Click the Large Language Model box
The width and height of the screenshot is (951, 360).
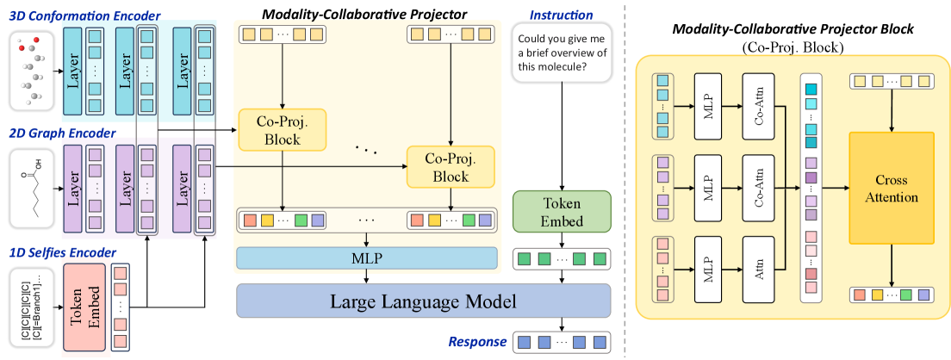(x=423, y=301)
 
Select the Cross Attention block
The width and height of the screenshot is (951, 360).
(x=891, y=188)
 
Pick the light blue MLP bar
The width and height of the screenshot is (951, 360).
(x=368, y=257)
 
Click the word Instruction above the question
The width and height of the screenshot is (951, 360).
(x=562, y=15)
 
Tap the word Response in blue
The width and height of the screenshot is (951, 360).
(x=476, y=342)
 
